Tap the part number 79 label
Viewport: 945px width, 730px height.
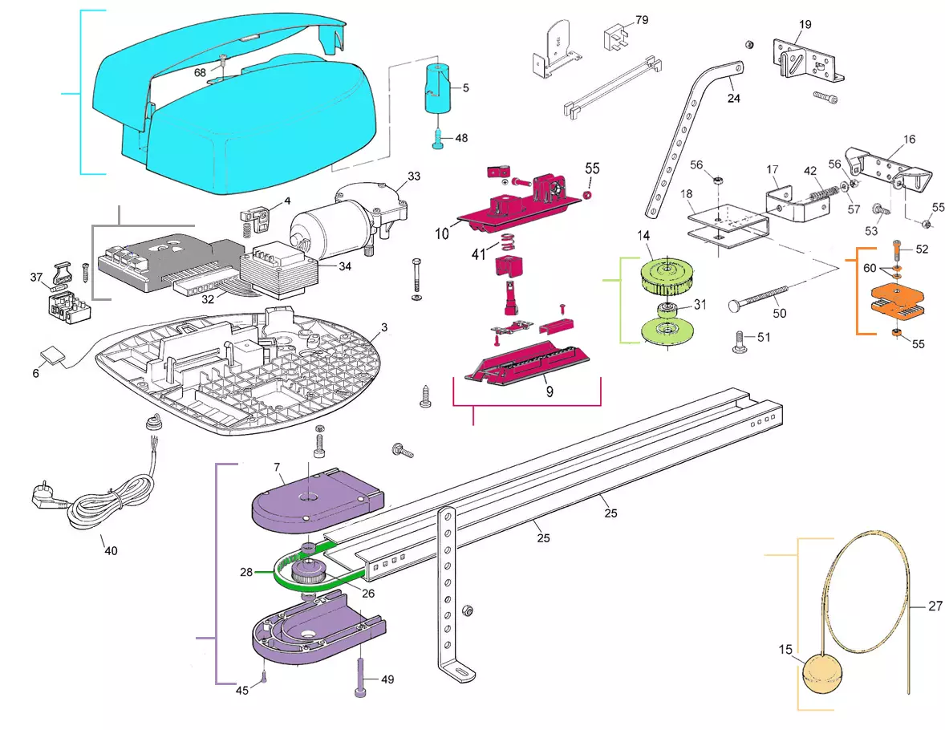(642, 20)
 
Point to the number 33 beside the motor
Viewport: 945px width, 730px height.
(414, 176)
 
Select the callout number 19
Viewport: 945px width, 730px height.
(805, 25)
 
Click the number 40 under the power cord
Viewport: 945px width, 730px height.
(111, 550)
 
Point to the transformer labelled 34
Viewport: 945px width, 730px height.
(278, 270)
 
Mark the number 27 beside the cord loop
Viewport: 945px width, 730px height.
(935, 606)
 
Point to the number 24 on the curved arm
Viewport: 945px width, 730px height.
(734, 99)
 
